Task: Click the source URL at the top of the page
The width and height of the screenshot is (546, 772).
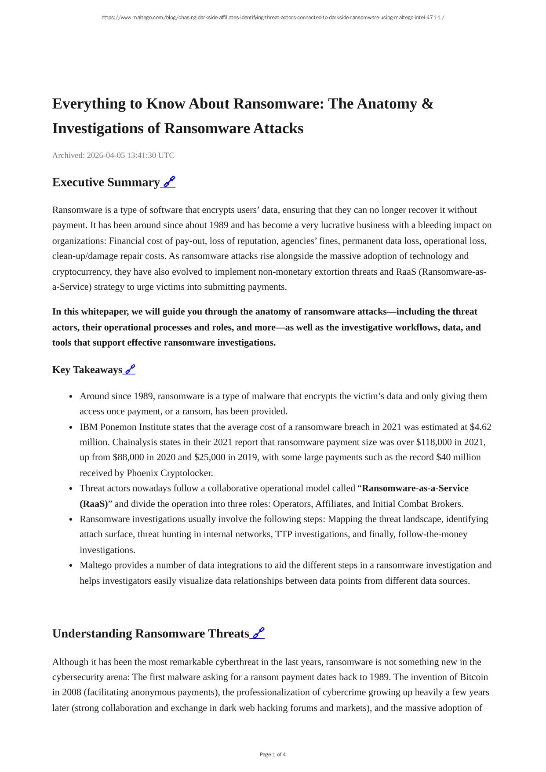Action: pos(273,18)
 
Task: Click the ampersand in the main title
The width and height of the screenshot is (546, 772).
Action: pos(427,104)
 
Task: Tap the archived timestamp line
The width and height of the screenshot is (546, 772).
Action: pos(113,155)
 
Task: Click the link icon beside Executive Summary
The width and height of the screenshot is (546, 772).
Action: pos(169,182)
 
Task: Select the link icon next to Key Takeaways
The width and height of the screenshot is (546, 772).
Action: pos(130,370)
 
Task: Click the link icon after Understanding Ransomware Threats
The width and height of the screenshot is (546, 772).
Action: pos(258,634)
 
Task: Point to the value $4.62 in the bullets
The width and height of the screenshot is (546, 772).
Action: pos(480,427)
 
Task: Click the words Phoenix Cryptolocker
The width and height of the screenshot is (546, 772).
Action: pos(170,473)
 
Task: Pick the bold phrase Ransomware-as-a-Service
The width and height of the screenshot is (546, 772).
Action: pos(415,488)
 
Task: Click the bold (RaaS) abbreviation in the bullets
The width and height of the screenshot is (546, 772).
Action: pos(94,504)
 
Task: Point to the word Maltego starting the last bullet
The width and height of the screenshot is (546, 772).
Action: pos(95,565)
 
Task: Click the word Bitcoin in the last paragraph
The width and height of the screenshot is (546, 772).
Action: pos(473,677)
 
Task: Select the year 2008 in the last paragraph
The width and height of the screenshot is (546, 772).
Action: pos(71,692)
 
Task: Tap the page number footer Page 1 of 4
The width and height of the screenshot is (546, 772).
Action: pos(273,754)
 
